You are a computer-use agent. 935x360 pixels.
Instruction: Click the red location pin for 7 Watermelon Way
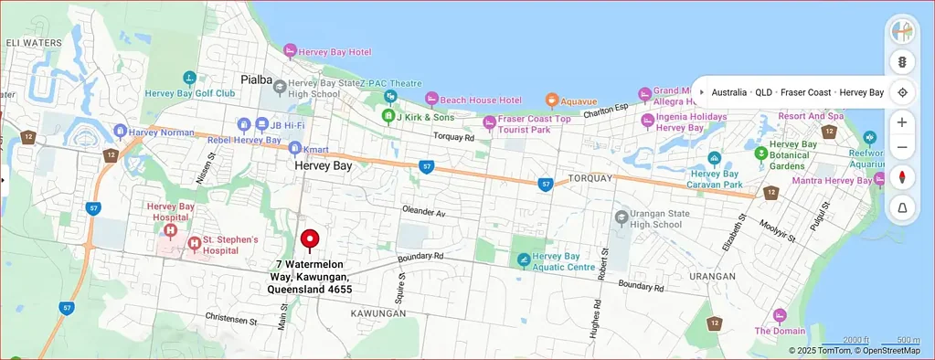coord(310,239)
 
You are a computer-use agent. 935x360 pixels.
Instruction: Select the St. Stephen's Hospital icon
coord(194,244)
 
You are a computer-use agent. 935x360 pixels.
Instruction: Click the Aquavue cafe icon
coord(551,101)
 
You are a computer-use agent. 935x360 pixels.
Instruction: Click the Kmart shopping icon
coord(294,148)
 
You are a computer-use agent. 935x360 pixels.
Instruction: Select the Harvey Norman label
coord(161,132)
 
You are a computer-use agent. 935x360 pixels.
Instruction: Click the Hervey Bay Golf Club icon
coord(189,79)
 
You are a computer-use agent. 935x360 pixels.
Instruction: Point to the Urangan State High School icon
coord(621,217)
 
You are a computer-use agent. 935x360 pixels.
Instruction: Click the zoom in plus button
coord(902,122)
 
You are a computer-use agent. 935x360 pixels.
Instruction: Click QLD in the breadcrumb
coord(763,93)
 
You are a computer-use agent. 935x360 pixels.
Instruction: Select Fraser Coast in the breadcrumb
coord(805,93)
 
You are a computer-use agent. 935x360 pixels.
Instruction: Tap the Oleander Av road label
coord(423,212)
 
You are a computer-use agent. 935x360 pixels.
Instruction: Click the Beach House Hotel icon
coord(431,99)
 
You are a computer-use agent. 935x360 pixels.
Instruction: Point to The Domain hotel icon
coord(780,315)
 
